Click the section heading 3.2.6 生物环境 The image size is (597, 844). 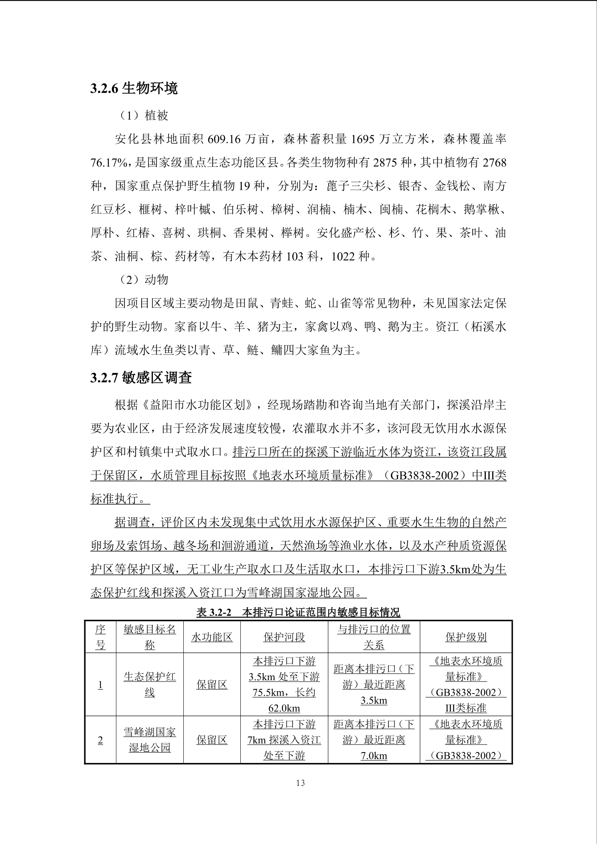click(x=134, y=89)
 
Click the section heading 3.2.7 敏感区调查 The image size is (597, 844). click(x=141, y=377)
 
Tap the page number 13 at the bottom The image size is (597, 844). click(x=300, y=783)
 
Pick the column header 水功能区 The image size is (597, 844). click(x=212, y=637)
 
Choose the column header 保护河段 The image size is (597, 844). click(x=284, y=637)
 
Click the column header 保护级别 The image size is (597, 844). click(x=466, y=637)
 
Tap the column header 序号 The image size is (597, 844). click(x=100, y=637)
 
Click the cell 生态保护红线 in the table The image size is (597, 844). click(x=150, y=685)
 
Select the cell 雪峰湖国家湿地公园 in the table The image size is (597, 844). click(x=150, y=740)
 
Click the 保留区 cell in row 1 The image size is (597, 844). click(x=212, y=685)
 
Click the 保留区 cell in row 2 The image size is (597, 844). click(x=212, y=740)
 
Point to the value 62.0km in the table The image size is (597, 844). click(x=284, y=708)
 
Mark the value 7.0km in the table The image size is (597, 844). click(x=374, y=756)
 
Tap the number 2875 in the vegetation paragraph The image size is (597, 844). click(x=386, y=163)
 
